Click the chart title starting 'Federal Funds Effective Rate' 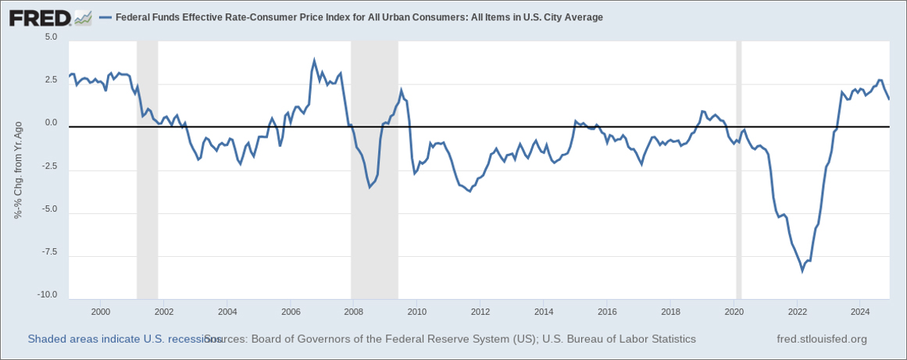pos(359,17)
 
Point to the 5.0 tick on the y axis pos(51,37)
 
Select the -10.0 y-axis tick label pos(48,295)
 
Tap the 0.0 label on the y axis pos(51,123)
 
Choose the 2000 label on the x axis pos(100,312)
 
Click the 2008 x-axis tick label pos(353,312)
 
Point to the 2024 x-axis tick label pos(859,312)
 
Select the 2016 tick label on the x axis pos(606,312)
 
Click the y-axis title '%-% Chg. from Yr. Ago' pos(18,169)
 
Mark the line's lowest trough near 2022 pos(802,271)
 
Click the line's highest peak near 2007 pos(314,60)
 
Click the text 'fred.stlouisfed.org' pos(822,339)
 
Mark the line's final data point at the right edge pos(889,99)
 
